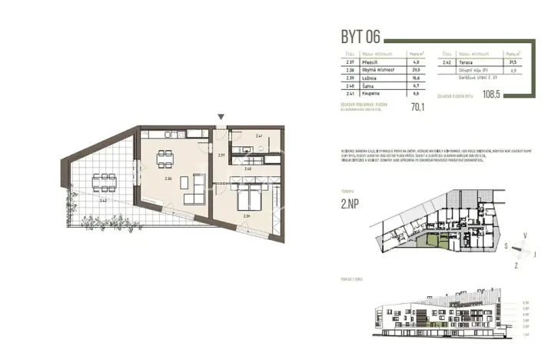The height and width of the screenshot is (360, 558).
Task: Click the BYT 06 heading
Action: pyautogui.click(x=360, y=37)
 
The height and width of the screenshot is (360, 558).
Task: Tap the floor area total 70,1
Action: pyautogui.click(x=417, y=108)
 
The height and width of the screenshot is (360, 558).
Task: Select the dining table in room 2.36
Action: pyautogui.click(x=164, y=160)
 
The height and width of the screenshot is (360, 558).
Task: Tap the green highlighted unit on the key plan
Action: pyautogui.click(x=433, y=244)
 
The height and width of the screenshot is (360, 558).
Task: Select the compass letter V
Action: pyautogui.click(x=525, y=234)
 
